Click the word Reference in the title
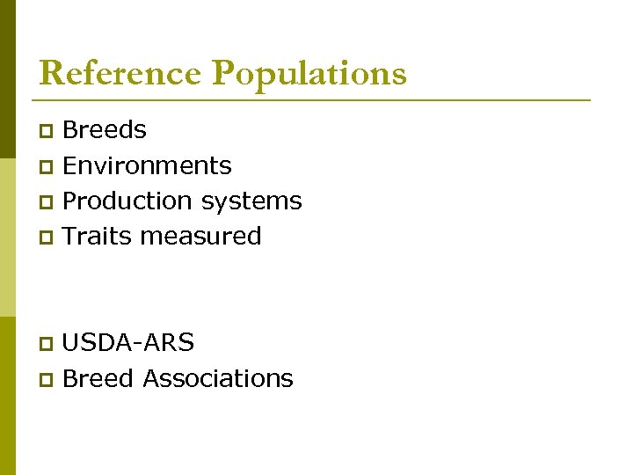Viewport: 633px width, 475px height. coord(120,73)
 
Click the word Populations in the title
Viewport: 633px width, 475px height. coord(309,74)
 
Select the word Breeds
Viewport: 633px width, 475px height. coord(105,130)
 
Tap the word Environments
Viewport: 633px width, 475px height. coord(148,165)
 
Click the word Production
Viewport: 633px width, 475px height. coord(128,201)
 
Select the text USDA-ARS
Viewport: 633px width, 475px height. coord(128,342)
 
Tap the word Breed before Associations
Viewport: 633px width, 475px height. coord(99,378)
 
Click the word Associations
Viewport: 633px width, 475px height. coord(218,378)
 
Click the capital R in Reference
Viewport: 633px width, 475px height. coord(52,73)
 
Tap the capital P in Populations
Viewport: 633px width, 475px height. coord(227,73)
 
